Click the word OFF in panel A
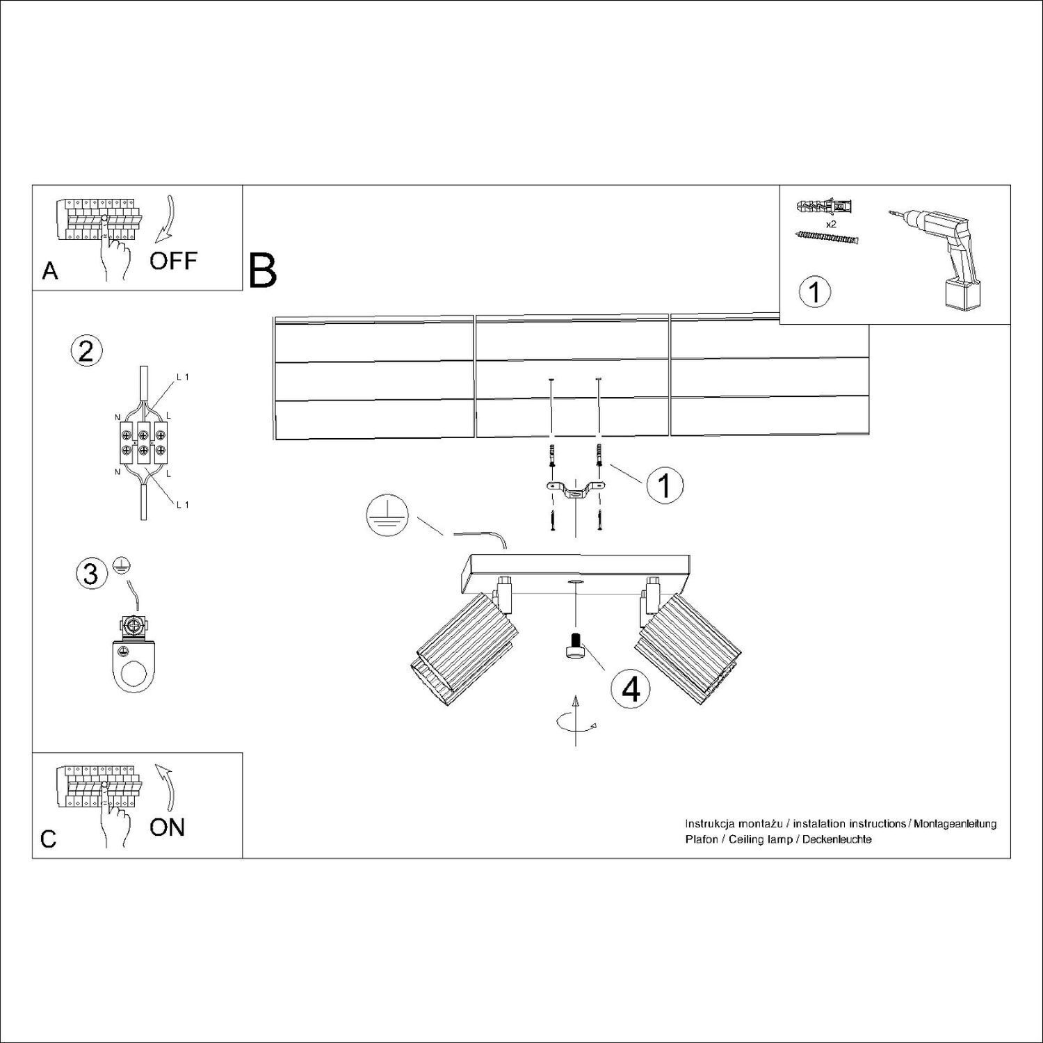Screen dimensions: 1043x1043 coord(174,261)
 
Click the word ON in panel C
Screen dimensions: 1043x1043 coord(168,827)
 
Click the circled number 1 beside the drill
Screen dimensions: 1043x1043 coord(815,292)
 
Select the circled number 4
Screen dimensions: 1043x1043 coord(631,688)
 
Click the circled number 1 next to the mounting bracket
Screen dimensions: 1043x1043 coord(664,485)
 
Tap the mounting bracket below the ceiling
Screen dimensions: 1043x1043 coord(575,490)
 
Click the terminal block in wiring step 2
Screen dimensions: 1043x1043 coord(143,443)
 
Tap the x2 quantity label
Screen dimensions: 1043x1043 coord(830,225)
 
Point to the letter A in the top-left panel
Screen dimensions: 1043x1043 coord(50,270)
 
